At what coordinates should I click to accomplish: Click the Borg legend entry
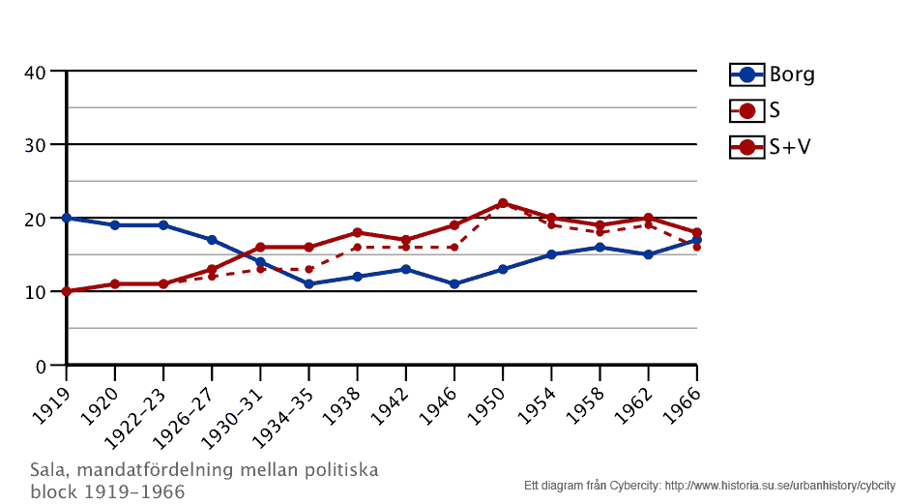tap(772, 74)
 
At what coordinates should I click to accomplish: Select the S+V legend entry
tap(772, 147)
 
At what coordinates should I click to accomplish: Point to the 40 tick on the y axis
tap(37, 72)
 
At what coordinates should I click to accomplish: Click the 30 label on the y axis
tap(37, 145)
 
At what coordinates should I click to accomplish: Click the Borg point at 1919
tap(67, 218)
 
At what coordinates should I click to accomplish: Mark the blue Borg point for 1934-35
tap(308, 284)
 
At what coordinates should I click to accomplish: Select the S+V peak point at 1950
tap(503, 204)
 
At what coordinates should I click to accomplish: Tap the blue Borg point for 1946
tap(454, 284)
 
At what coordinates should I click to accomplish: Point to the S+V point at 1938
tap(358, 233)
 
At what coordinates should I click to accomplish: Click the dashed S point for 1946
tap(454, 248)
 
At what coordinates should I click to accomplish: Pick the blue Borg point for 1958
tap(600, 248)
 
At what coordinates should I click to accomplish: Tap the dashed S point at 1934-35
tap(308, 269)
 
